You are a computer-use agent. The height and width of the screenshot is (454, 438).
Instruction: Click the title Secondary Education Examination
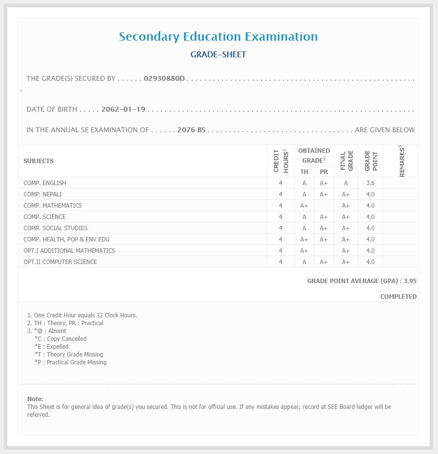[x=218, y=37]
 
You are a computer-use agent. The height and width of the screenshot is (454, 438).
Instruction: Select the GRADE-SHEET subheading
[x=218, y=54]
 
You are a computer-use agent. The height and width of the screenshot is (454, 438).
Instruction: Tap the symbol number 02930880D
[x=164, y=78]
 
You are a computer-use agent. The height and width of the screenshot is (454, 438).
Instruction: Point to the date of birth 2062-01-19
[x=123, y=109]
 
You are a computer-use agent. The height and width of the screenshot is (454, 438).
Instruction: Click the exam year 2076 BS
[x=191, y=130]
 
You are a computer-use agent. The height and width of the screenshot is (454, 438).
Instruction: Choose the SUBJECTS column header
[x=39, y=161]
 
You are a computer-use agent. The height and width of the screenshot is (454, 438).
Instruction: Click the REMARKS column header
[x=402, y=161]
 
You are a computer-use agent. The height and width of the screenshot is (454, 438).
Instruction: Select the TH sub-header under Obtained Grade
[x=304, y=172]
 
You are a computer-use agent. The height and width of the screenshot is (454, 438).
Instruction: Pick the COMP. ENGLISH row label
[x=45, y=183]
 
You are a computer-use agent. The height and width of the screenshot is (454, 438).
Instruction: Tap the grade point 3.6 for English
[x=370, y=183]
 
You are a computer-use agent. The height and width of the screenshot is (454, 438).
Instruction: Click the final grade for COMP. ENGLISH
[x=346, y=183]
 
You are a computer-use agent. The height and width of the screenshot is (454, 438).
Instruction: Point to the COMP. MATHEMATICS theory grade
[x=304, y=206]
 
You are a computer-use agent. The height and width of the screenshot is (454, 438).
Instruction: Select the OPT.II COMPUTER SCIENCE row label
[x=60, y=262]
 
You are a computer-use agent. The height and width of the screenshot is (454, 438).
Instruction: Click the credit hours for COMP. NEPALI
[x=280, y=194]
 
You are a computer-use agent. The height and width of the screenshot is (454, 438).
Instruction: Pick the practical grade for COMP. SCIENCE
[x=324, y=217]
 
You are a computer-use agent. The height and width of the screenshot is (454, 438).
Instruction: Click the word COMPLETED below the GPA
[x=398, y=297]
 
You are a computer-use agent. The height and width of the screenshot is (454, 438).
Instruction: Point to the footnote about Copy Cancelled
[x=60, y=339]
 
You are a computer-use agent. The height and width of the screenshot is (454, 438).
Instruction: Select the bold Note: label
[x=35, y=399]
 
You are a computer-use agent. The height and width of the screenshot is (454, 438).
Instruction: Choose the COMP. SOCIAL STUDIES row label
[x=55, y=228]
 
